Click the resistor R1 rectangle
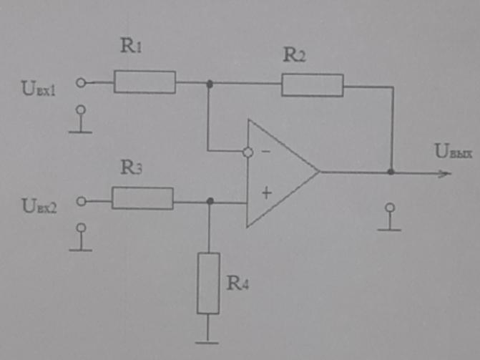[x=145, y=82]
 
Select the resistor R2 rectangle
[x=312, y=85]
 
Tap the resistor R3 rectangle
[x=142, y=198]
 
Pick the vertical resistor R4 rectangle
[x=208, y=283]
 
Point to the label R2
[x=294, y=55]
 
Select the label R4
[x=239, y=282]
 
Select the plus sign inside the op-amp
[x=267, y=193]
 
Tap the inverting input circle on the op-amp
[x=248, y=152]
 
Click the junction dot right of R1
[x=209, y=84]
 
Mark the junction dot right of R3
[x=209, y=202]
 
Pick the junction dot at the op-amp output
[x=391, y=172]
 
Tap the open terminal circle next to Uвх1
[x=81, y=83]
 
